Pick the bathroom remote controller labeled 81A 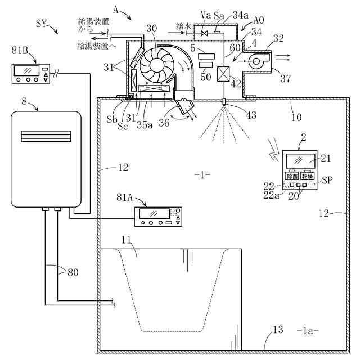(158, 217)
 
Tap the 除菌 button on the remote (292, 175)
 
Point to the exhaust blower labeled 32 (256, 58)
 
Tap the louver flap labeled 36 (184, 107)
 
